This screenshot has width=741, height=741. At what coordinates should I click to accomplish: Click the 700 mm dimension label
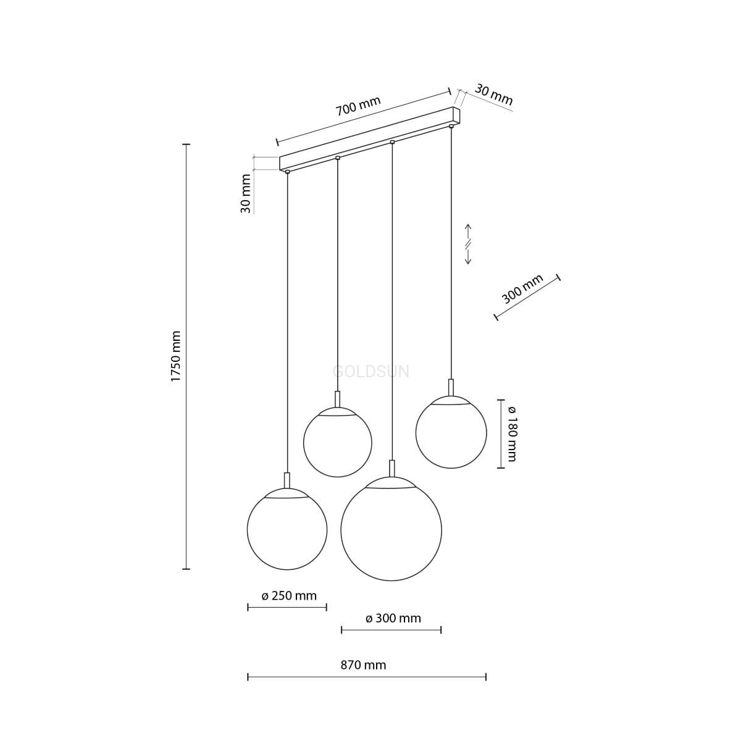click(x=358, y=106)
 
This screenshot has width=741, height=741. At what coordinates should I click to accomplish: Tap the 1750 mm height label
click(x=176, y=356)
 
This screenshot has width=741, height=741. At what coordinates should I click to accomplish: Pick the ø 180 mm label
click(x=512, y=433)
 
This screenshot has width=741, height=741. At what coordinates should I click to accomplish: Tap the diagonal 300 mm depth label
click(x=522, y=289)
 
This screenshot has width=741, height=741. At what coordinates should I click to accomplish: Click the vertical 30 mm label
click(x=245, y=193)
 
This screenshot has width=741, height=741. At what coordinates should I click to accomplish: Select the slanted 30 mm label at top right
click(x=493, y=95)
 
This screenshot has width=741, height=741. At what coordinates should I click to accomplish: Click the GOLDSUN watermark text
click(x=371, y=372)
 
